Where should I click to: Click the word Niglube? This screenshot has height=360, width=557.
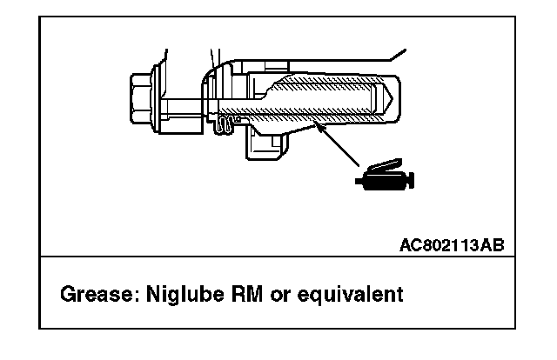point(176,295)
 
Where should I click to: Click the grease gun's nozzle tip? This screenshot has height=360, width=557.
point(358,181)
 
